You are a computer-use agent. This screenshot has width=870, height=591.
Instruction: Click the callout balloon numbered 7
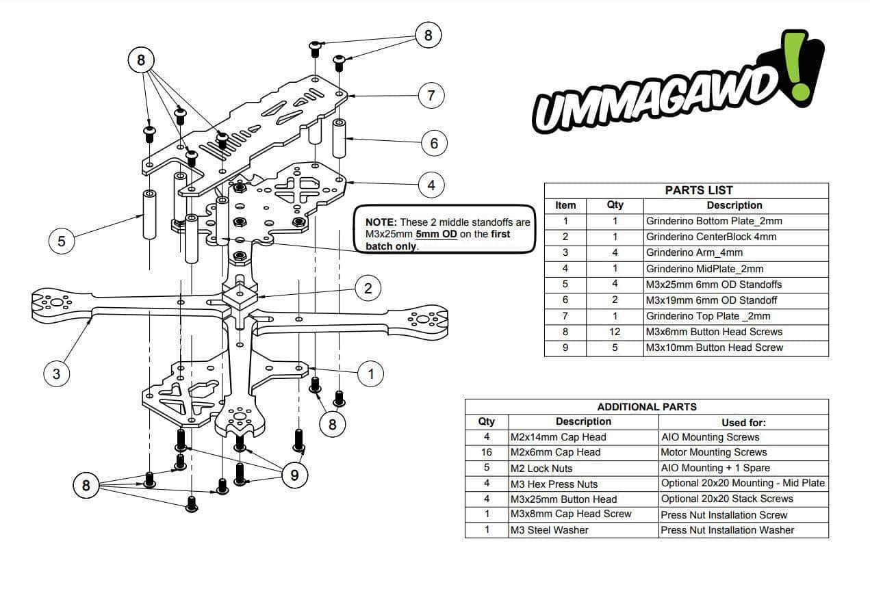point(431,95)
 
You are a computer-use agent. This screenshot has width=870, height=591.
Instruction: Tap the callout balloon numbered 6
point(434,144)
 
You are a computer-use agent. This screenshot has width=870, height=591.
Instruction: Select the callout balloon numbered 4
point(431,185)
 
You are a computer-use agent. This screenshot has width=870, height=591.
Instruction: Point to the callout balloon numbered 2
point(368,288)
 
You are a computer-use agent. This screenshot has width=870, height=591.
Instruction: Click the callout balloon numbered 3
point(57,373)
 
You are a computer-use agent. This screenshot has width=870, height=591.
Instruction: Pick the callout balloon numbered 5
point(62,242)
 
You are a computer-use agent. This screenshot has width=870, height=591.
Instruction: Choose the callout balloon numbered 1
point(371,373)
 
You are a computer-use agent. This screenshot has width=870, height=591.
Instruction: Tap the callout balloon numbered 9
point(294,475)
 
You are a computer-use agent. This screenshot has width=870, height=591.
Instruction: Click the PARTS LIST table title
point(698,190)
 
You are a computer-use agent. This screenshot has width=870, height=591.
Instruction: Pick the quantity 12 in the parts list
point(615,332)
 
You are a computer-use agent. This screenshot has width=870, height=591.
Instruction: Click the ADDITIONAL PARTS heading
point(647,407)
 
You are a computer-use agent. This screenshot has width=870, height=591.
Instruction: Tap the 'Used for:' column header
point(743,423)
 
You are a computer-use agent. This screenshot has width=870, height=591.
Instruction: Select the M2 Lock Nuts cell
point(541,469)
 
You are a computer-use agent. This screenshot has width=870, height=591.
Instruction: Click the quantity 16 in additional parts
point(487,452)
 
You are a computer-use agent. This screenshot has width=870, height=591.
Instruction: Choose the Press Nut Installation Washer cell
point(727,530)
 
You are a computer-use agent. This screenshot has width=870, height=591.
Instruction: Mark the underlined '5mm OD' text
point(436,234)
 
